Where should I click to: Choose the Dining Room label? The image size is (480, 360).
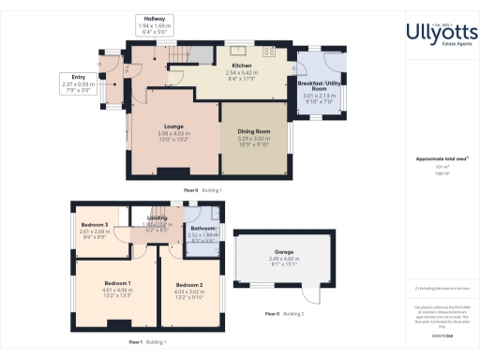pos(255,131)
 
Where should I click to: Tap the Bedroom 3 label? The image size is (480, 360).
pos(94,225)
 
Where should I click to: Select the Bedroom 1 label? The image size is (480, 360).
pos(117,282)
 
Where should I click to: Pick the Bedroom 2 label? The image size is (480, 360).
pos(189,284)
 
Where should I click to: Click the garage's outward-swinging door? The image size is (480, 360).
pos(322,294)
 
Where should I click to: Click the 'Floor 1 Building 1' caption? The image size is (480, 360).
pos(147,342)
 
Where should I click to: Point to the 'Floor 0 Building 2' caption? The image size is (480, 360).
pos(284,313)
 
